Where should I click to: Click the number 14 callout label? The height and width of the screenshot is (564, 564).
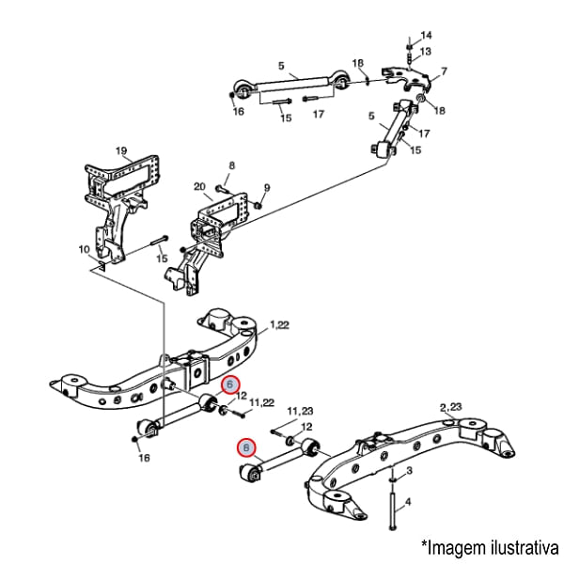tap(426, 35)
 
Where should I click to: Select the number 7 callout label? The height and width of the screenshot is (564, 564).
tap(444, 71)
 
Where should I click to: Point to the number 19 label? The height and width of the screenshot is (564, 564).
tap(121, 150)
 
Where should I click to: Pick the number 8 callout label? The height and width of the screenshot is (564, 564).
tap(232, 165)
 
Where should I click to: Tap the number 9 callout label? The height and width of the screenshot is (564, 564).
tap(267, 186)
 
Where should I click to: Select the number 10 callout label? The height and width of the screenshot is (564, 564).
tap(84, 249)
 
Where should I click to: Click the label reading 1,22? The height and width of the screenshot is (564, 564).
tap(280, 325)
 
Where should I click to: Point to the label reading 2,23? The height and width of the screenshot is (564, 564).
tap(451, 406)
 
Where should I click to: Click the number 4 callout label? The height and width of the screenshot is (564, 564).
tap(409, 501)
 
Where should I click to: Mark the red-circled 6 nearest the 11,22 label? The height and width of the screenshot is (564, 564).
tap(231, 384)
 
